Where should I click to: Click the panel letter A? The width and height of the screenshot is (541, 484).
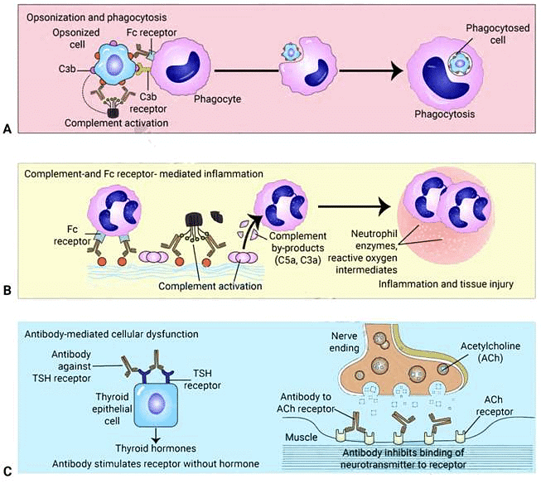(7, 129)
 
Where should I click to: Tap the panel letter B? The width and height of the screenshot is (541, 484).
(7, 293)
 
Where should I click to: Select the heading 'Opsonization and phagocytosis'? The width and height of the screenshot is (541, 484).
(87, 16)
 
